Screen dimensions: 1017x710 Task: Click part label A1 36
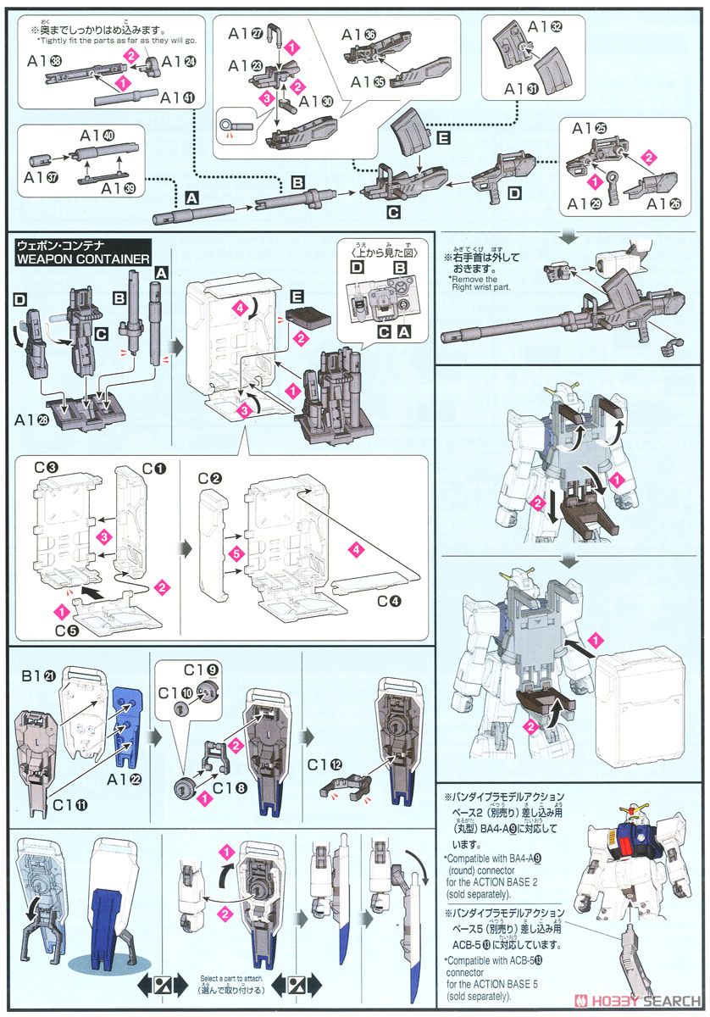tap(359, 34)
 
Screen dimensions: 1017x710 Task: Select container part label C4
tap(391, 601)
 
